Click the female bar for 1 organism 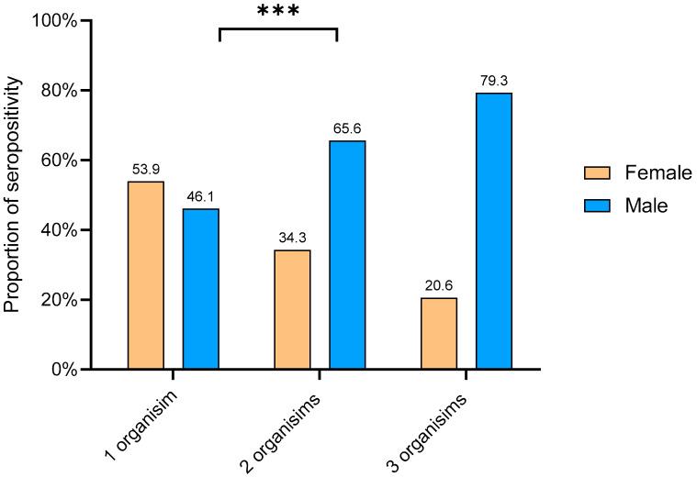pyautogui.click(x=146, y=275)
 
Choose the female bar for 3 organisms pyautogui.click(x=439, y=333)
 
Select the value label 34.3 pyautogui.click(x=292, y=238)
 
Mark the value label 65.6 pyautogui.click(x=347, y=129)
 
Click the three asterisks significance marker pyautogui.click(x=278, y=13)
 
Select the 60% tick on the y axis pyautogui.click(x=85, y=160)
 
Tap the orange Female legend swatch pyautogui.click(x=598, y=172)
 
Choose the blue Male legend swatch pyautogui.click(x=598, y=206)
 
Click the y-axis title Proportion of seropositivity pyautogui.click(x=13, y=195)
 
